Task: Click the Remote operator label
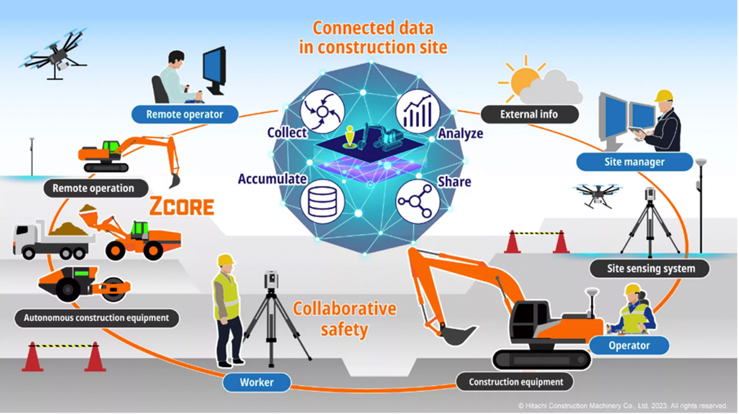coord(185,114)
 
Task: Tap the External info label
coord(529,114)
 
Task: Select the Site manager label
coord(634,162)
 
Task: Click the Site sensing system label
coord(651,268)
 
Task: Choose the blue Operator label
coord(629,345)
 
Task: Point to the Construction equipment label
coord(516,382)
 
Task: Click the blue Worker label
coord(257,382)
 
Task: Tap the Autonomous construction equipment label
coord(97,318)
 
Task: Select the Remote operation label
coord(94,188)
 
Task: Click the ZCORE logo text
coord(181,206)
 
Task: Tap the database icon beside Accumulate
coord(322,201)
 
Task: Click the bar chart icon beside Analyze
coord(418,111)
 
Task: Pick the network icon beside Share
coord(418,201)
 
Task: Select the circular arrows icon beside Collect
coord(322,111)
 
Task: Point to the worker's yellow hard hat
coord(226,260)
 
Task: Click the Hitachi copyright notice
coord(622,406)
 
